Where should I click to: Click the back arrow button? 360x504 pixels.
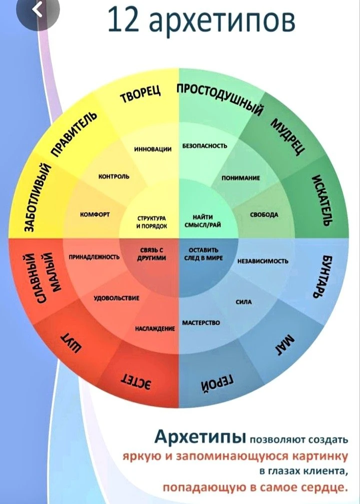coord(38,11)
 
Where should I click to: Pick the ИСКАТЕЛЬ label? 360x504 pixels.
coord(321,200)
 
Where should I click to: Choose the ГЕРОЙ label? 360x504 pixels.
coord(218,383)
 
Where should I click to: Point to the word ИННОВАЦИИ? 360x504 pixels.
coord(152,149)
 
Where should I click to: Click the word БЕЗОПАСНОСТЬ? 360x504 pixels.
coord(205,146)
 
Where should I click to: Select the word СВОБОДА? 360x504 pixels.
coord(264,215)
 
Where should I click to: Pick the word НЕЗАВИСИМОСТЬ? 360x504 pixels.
coord(262,261)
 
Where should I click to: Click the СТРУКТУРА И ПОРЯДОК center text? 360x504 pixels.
coord(152,222)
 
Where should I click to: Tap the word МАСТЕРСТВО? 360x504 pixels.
coord(201,323)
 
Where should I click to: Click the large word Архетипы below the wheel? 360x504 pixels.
coord(200,437)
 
